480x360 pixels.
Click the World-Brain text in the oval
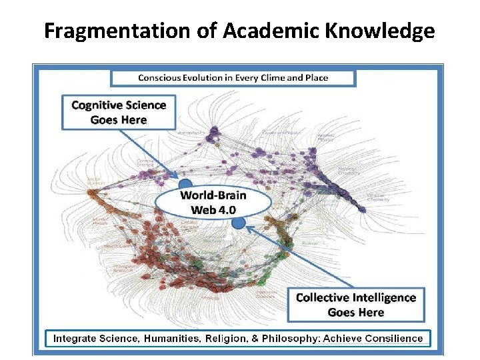pos(213,195)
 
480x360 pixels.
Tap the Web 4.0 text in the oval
pos(213,209)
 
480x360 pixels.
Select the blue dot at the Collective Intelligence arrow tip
pos(239,223)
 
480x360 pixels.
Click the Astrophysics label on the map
pos(191,133)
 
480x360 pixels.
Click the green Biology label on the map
pos(309,244)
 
